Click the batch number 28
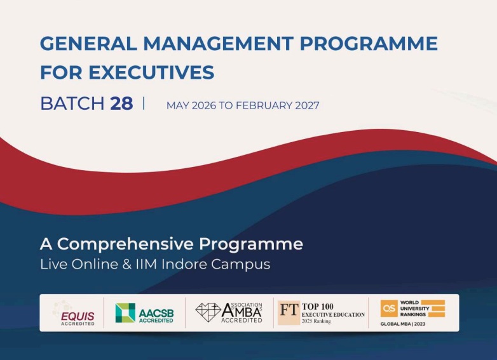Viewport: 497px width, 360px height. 121,103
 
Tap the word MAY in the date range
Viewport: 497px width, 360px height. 179,105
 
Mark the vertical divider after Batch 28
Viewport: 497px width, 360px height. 144,103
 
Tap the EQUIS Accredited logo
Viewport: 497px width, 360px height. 74,312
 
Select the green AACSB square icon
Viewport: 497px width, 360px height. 125,312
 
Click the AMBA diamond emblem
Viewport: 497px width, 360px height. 208,311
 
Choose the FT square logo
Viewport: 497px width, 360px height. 289,312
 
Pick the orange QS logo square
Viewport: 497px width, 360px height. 389,308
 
